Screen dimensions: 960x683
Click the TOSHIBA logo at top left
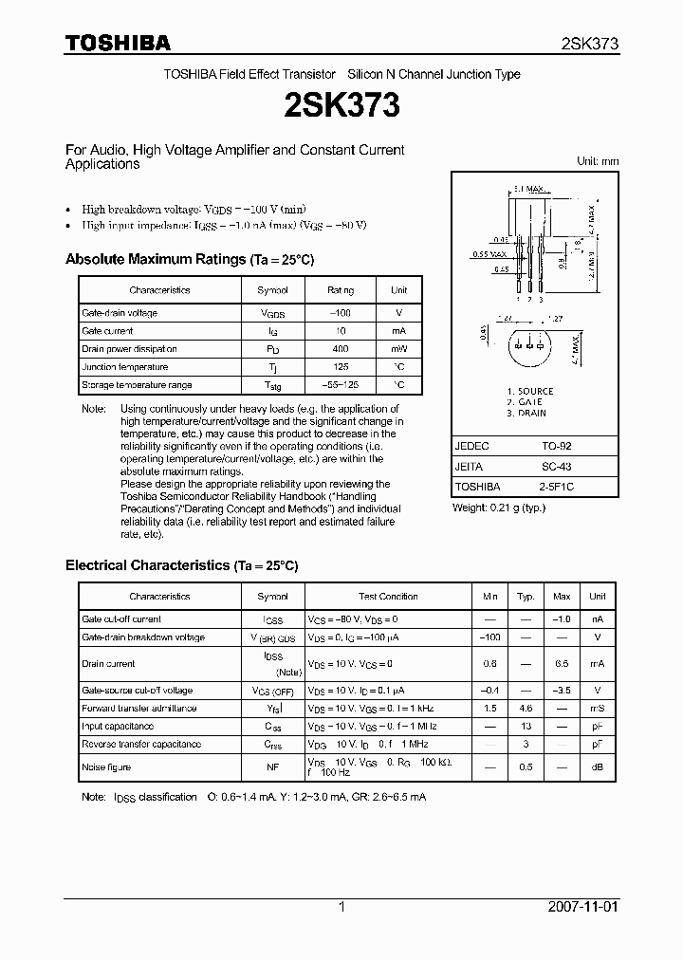point(118,43)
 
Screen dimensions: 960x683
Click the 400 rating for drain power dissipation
point(340,349)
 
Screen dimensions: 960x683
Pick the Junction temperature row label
point(124,367)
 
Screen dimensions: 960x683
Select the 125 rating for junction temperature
point(340,367)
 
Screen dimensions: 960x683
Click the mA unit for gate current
point(398,331)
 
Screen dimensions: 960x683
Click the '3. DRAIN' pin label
point(526,414)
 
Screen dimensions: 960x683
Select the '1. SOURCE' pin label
point(529,391)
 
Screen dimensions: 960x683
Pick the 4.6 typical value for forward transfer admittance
point(526,709)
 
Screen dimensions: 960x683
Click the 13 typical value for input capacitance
point(526,727)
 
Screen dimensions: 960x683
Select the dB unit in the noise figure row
point(597,767)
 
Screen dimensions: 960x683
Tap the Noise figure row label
point(106,767)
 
